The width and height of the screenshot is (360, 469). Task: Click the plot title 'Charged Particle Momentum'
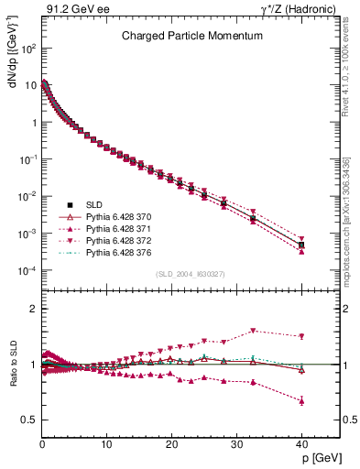click(x=192, y=36)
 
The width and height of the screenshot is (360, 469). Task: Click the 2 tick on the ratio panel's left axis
click(x=32, y=309)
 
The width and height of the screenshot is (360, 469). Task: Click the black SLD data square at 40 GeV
click(x=301, y=245)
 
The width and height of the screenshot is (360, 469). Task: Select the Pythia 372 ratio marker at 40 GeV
click(x=301, y=336)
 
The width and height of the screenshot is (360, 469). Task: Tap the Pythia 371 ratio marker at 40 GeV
click(x=301, y=400)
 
